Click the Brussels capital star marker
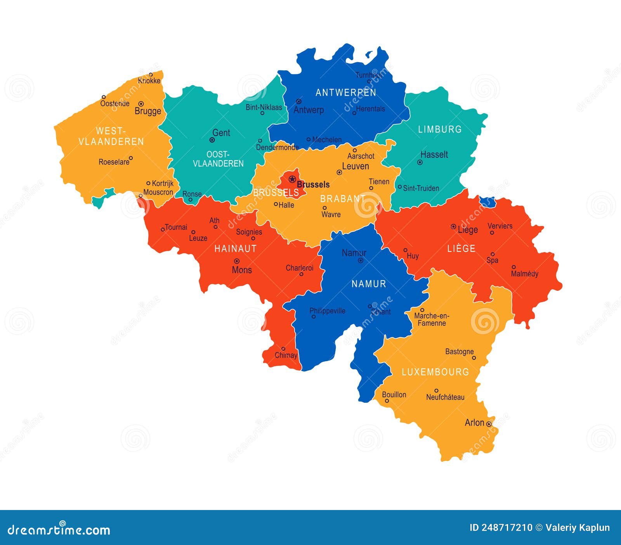[x=292, y=179]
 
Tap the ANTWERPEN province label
[x=346, y=93]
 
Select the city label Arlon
[x=474, y=423]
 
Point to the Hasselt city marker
[x=420, y=162]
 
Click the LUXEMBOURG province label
[x=435, y=372]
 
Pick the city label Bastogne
[x=459, y=351]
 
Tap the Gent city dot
[x=212, y=140]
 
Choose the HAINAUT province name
[x=236, y=249]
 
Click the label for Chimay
[x=286, y=355]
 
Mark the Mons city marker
[x=236, y=261]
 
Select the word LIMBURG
[x=440, y=129]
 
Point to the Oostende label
[x=115, y=103]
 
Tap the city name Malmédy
[x=524, y=274]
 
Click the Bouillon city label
[x=394, y=395]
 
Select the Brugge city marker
[x=141, y=104]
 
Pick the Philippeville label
[x=327, y=311]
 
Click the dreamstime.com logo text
[x=59, y=530]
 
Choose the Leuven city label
[x=355, y=166]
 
